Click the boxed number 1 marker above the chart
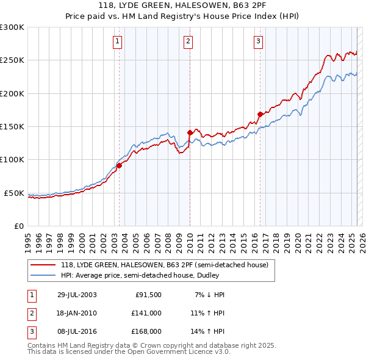coord(117,41)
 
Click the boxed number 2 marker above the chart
coord(188,41)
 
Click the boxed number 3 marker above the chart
coord(258,41)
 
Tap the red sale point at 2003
coord(120,165)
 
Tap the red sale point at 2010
coord(190,132)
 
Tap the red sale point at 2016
coord(260,114)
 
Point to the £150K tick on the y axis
coord(12,127)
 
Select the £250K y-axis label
coord(12,60)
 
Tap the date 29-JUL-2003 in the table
coord(76,295)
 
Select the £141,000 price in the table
coord(146,313)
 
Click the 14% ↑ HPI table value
coord(207,331)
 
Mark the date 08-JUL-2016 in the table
coord(76,331)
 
